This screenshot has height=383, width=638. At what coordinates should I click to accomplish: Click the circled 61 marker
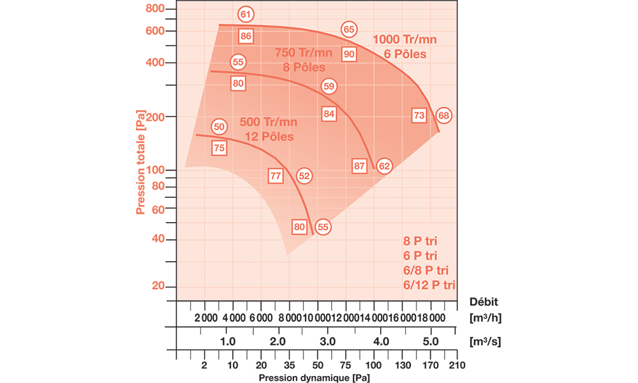(x=246, y=14)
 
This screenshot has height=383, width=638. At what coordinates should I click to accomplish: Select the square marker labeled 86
(x=246, y=36)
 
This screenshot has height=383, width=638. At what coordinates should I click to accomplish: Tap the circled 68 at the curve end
(x=443, y=116)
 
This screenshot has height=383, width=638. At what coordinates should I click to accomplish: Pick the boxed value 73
(x=419, y=116)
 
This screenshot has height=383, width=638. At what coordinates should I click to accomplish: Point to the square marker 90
(x=349, y=54)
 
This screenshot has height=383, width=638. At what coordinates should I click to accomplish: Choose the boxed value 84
(x=329, y=114)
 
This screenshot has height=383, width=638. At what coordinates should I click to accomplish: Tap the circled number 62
(x=383, y=166)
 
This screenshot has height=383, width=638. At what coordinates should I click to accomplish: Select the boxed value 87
(x=360, y=166)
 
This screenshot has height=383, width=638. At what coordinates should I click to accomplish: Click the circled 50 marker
(x=219, y=126)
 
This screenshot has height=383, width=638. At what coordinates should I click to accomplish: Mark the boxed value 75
(x=219, y=148)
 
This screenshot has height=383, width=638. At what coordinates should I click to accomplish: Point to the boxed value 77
(x=276, y=176)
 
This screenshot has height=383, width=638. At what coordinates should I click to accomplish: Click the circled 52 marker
(x=304, y=176)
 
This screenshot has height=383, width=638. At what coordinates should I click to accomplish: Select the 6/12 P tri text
(x=429, y=285)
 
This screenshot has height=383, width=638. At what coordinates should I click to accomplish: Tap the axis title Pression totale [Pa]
(x=141, y=167)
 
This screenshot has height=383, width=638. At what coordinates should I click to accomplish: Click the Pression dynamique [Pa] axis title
(x=313, y=378)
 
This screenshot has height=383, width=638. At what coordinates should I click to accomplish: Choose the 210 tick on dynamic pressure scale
(x=456, y=366)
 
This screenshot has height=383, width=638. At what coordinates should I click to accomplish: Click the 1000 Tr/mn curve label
(x=404, y=40)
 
